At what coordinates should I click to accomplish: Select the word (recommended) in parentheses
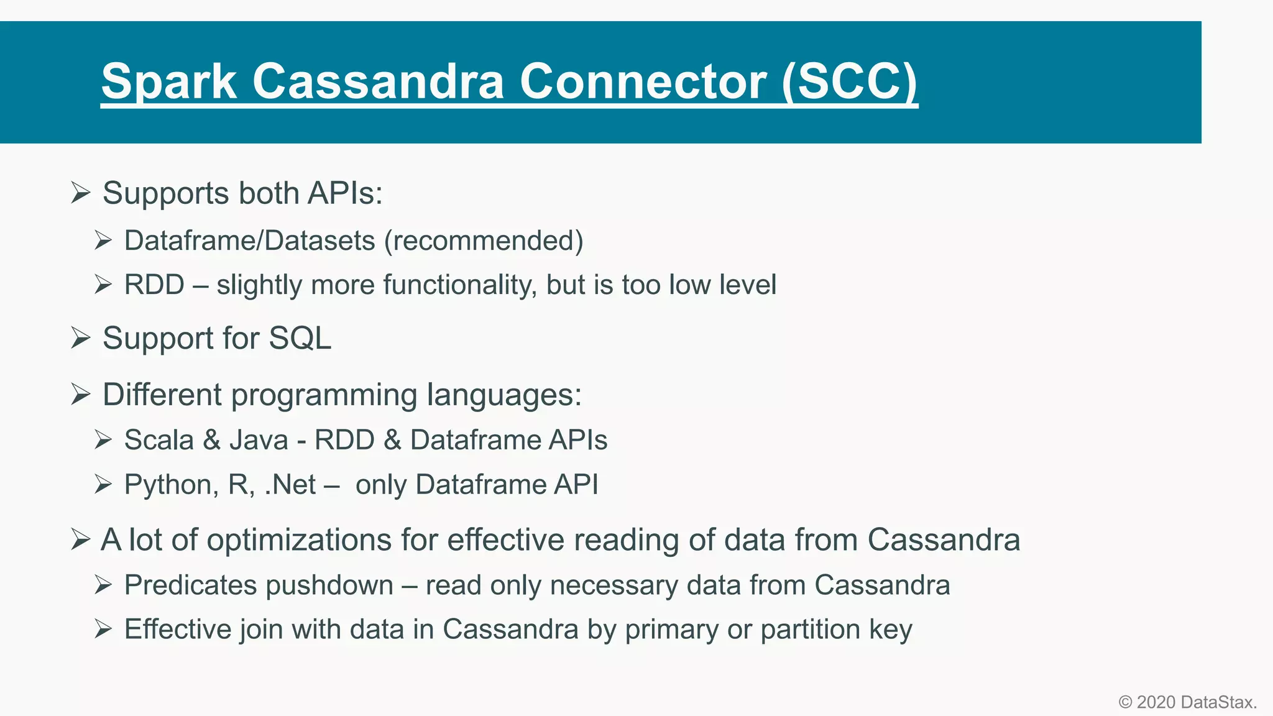tap(484, 241)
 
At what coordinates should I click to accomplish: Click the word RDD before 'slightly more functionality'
tap(154, 285)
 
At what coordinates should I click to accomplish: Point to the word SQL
tap(300, 339)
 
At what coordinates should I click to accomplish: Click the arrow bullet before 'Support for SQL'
tap(81, 338)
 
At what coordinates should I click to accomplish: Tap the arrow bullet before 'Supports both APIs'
tap(81, 193)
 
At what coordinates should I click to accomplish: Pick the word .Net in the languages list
tap(290, 485)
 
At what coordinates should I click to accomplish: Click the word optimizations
tap(299, 539)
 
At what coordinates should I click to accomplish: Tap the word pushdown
tap(329, 585)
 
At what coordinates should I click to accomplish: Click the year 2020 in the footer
tap(1156, 702)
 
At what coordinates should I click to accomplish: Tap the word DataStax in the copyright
tap(1218, 702)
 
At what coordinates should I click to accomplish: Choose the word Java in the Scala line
tap(259, 440)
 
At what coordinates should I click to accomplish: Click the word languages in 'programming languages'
tap(503, 395)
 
